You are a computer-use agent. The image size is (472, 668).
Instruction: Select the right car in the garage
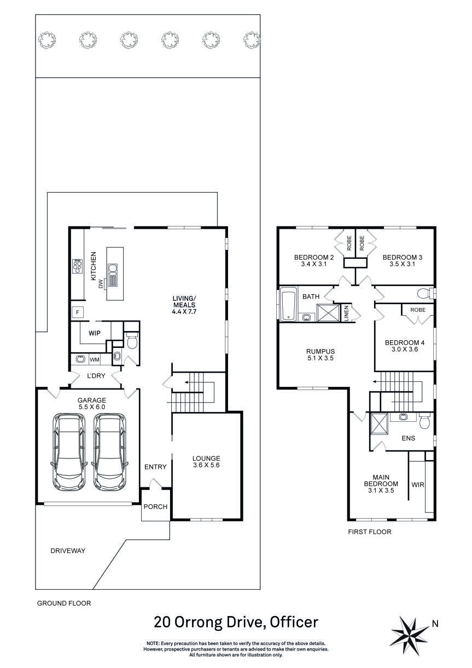[109, 452]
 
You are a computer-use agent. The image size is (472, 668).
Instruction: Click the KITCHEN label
[94, 266]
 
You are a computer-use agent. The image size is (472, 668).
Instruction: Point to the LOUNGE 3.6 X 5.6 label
[206, 462]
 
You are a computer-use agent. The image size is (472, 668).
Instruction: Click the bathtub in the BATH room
[288, 304]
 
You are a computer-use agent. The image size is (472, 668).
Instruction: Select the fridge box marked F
[78, 312]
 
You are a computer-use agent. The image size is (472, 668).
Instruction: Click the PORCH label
[155, 507]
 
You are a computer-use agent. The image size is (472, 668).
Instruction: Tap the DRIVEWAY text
[68, 551]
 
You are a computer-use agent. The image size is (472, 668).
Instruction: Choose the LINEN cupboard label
[346, 313]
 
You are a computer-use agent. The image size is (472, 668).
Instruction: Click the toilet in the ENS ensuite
[425, 422]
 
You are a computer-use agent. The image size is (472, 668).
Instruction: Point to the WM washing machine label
[94, 359]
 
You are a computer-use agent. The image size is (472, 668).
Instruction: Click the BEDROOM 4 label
[405, 346]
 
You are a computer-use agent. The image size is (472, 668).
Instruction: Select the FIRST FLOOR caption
[370, 531]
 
